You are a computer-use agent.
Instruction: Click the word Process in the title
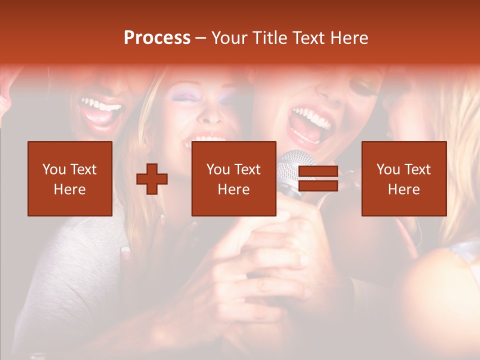pos(157,37)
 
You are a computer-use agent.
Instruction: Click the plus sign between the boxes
pos(152,178)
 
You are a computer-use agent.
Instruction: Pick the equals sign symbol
pos(318,178)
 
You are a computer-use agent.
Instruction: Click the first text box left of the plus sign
pos(70,178)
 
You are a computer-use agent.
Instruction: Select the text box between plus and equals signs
pos(234,178)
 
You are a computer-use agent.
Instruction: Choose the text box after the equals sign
pos(404,178)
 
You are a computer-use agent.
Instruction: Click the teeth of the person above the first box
pos(102,106)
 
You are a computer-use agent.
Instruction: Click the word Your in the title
pos(227,38)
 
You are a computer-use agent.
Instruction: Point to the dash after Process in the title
pos(200,38)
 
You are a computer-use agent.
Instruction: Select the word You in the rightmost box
pos(387,169)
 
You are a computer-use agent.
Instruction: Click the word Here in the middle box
pos(234,189)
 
